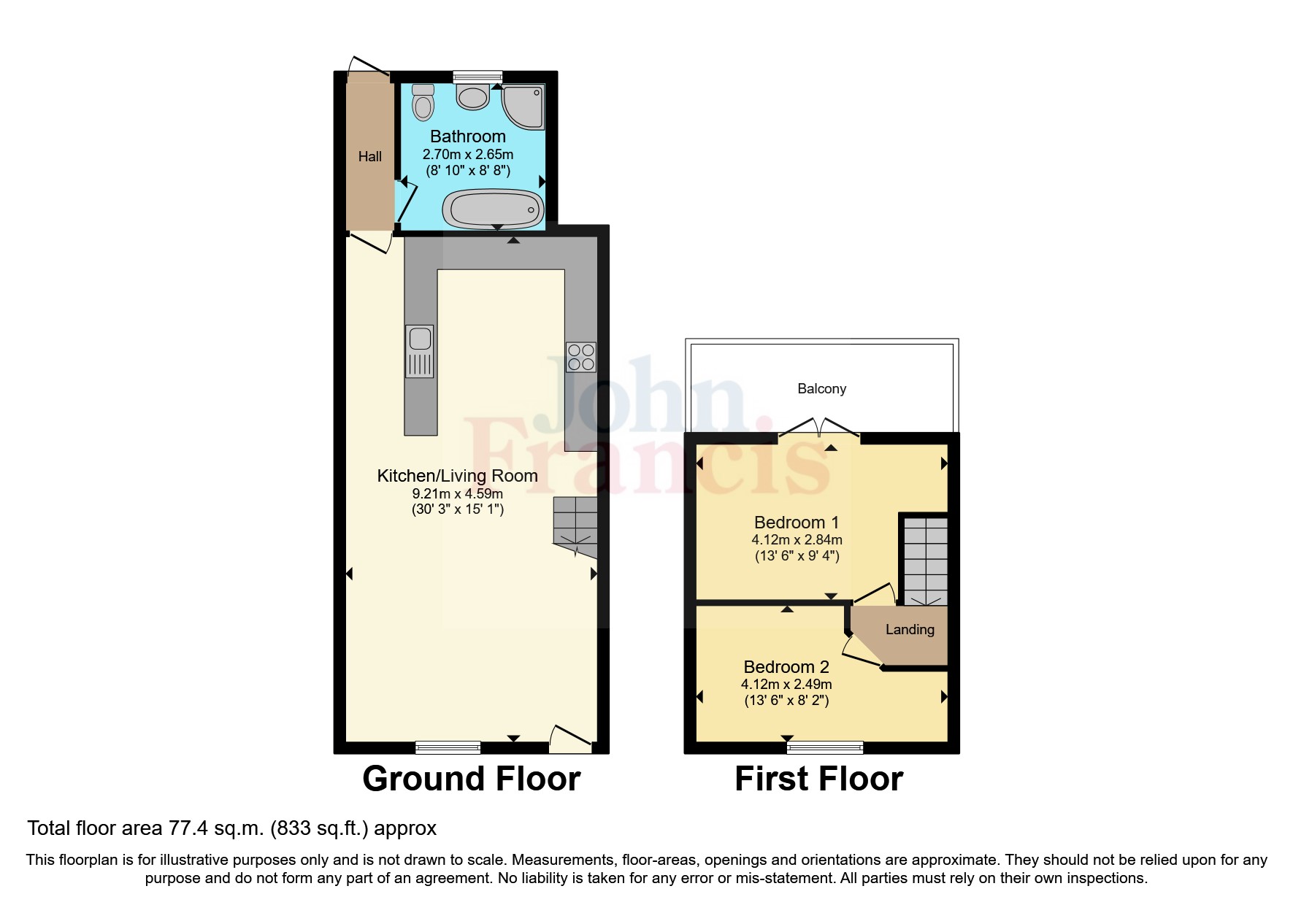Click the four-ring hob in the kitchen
580,357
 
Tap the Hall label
370,156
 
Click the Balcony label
821,388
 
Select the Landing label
910,629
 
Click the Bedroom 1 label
797,523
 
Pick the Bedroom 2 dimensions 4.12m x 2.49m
786,685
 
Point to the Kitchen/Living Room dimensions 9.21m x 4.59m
458,493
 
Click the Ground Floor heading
471,779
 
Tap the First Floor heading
818,779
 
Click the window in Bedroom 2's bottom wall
825,747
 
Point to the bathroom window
477,77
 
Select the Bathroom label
468,136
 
